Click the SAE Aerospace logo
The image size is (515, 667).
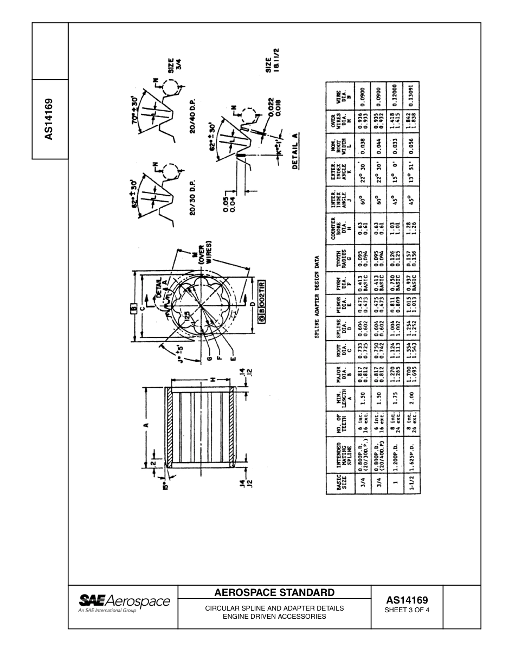(x=124, y=604)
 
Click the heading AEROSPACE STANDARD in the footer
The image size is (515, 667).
(x=275, y=592)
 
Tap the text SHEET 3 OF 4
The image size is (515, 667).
(x=407, y=610)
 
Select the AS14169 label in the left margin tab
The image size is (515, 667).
(x=49, y=119)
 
